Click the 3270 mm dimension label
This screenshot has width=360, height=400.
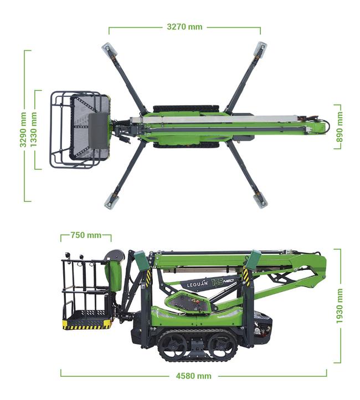[184, 27]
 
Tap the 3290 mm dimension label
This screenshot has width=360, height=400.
[23, 129]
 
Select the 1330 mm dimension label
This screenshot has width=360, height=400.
[33, 129]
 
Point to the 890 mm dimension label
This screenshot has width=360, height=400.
[340, 127]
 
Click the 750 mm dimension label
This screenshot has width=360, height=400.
[86, 235]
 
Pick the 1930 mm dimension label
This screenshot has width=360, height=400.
[339, 306]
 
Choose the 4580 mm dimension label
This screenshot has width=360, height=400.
[194, 376]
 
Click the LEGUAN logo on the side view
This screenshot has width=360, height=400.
[197, 284]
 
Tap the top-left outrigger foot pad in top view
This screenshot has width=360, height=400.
[109, 49]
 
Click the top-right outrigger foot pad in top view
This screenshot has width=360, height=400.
[260, 48]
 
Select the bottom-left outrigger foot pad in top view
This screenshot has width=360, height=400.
[111, 200]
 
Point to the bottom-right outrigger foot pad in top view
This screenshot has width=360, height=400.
[260, 201]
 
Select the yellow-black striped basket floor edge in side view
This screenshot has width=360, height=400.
[87, 326]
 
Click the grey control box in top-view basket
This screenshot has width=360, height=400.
[98, 130]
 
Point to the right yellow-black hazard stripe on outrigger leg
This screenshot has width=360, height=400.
[246, 276]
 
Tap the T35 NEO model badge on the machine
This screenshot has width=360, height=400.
[223, 282]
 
